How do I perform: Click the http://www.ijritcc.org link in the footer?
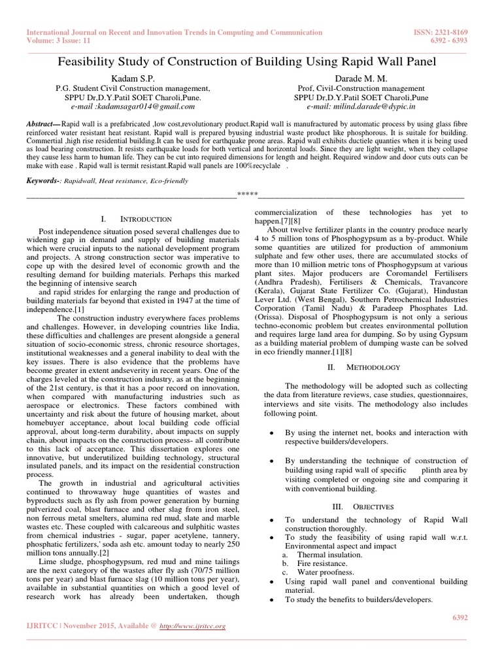click(195, 626)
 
